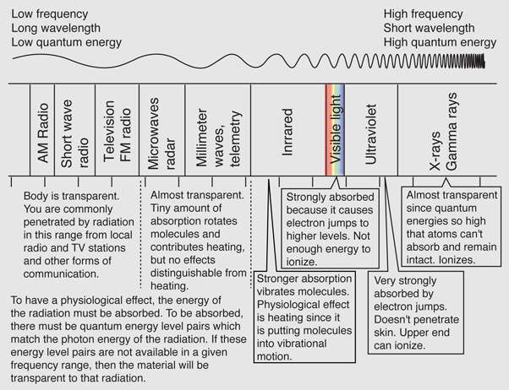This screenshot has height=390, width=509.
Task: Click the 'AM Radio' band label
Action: coord(43,133)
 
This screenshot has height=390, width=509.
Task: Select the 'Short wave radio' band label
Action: coord(74,134)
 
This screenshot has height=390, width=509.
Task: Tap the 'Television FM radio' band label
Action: coord(117,132)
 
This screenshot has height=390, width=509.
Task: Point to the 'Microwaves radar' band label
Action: coord(161,133)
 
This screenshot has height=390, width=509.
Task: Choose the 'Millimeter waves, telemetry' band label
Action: coord(219,138)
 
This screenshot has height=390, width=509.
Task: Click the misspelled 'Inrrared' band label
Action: coord(287,133)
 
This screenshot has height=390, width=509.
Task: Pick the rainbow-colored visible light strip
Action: coord(335,130)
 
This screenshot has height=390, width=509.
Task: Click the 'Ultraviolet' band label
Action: coord(370,134)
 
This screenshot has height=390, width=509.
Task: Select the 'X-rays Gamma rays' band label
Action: coord(443,132)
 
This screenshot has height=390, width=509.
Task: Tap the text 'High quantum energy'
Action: coord(440,42)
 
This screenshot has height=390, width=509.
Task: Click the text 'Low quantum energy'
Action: coord(67,42)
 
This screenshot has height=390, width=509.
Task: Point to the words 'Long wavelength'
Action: coord(56,28)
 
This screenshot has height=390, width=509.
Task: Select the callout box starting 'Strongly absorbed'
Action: coord(330,228)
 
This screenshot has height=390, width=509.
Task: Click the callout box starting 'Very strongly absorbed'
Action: coord(416,312)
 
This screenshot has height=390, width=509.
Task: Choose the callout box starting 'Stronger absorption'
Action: coord(304,317)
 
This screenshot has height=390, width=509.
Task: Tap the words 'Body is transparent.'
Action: coord(71,196)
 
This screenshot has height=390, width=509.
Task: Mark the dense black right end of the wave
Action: coord(479,61)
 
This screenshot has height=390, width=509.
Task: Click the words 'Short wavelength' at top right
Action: coord(429,28)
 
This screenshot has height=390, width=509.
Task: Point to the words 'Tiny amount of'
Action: coord(186,209)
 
